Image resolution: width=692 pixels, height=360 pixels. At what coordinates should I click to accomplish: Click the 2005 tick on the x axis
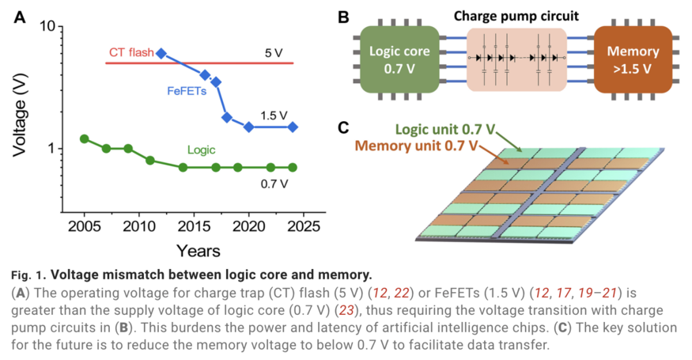tap(85, 225)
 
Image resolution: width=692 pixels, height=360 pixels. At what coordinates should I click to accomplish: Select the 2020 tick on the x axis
tap(248, 225)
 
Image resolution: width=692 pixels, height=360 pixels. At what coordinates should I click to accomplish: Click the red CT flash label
tap(131, 54)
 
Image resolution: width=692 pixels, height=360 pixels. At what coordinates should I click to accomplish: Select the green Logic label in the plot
tap(202, 149)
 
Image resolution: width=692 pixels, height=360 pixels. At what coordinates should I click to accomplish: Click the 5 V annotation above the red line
tap(274, 54)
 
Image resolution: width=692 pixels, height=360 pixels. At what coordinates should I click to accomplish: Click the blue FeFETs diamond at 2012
tap(161, 54)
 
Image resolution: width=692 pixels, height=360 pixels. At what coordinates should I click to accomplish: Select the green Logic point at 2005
tap(85, 138)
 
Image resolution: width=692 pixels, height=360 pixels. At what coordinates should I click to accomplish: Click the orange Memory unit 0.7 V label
tap(416, 146)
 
